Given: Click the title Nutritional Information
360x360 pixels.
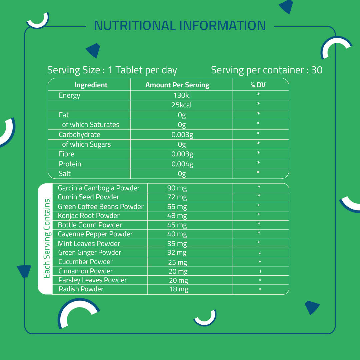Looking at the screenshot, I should [180, 26].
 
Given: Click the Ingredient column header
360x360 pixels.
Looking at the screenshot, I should [91, 85].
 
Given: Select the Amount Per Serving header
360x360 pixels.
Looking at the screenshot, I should [177, 85].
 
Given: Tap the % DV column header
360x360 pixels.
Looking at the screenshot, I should [258, 85].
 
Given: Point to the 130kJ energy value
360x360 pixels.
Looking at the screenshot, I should [182, 95].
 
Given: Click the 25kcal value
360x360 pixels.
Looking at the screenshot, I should [182, 105].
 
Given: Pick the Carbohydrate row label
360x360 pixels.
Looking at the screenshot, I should [79, 135].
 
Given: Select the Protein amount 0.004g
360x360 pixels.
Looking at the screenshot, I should [182, 164].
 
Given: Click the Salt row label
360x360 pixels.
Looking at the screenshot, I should [65, 174].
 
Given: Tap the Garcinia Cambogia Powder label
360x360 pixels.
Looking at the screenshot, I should [99, 188].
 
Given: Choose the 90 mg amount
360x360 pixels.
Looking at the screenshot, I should [177, 188].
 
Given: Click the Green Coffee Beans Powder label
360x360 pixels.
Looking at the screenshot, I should [101, 207].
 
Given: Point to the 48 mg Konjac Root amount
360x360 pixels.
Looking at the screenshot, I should [177, 216].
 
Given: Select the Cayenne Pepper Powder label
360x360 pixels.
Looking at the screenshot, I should [95, 234].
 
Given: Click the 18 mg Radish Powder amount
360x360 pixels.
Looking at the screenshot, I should [179, 289].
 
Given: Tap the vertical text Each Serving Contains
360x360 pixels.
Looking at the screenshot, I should [47, 239].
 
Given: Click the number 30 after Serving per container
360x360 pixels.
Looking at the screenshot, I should [317, 70].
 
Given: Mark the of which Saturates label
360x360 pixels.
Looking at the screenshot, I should [91, 125].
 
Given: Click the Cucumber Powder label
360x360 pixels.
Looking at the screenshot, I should [86, 262].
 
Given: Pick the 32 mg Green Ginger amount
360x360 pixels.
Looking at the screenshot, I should [177, 253].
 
